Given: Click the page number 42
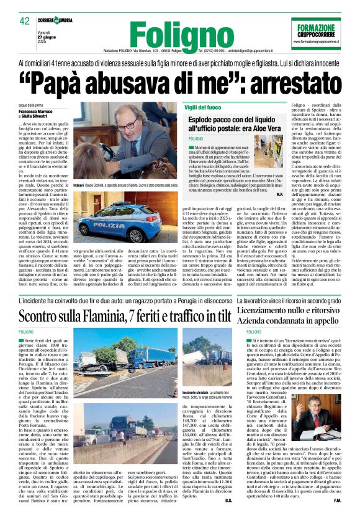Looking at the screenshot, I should pos(24,21).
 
